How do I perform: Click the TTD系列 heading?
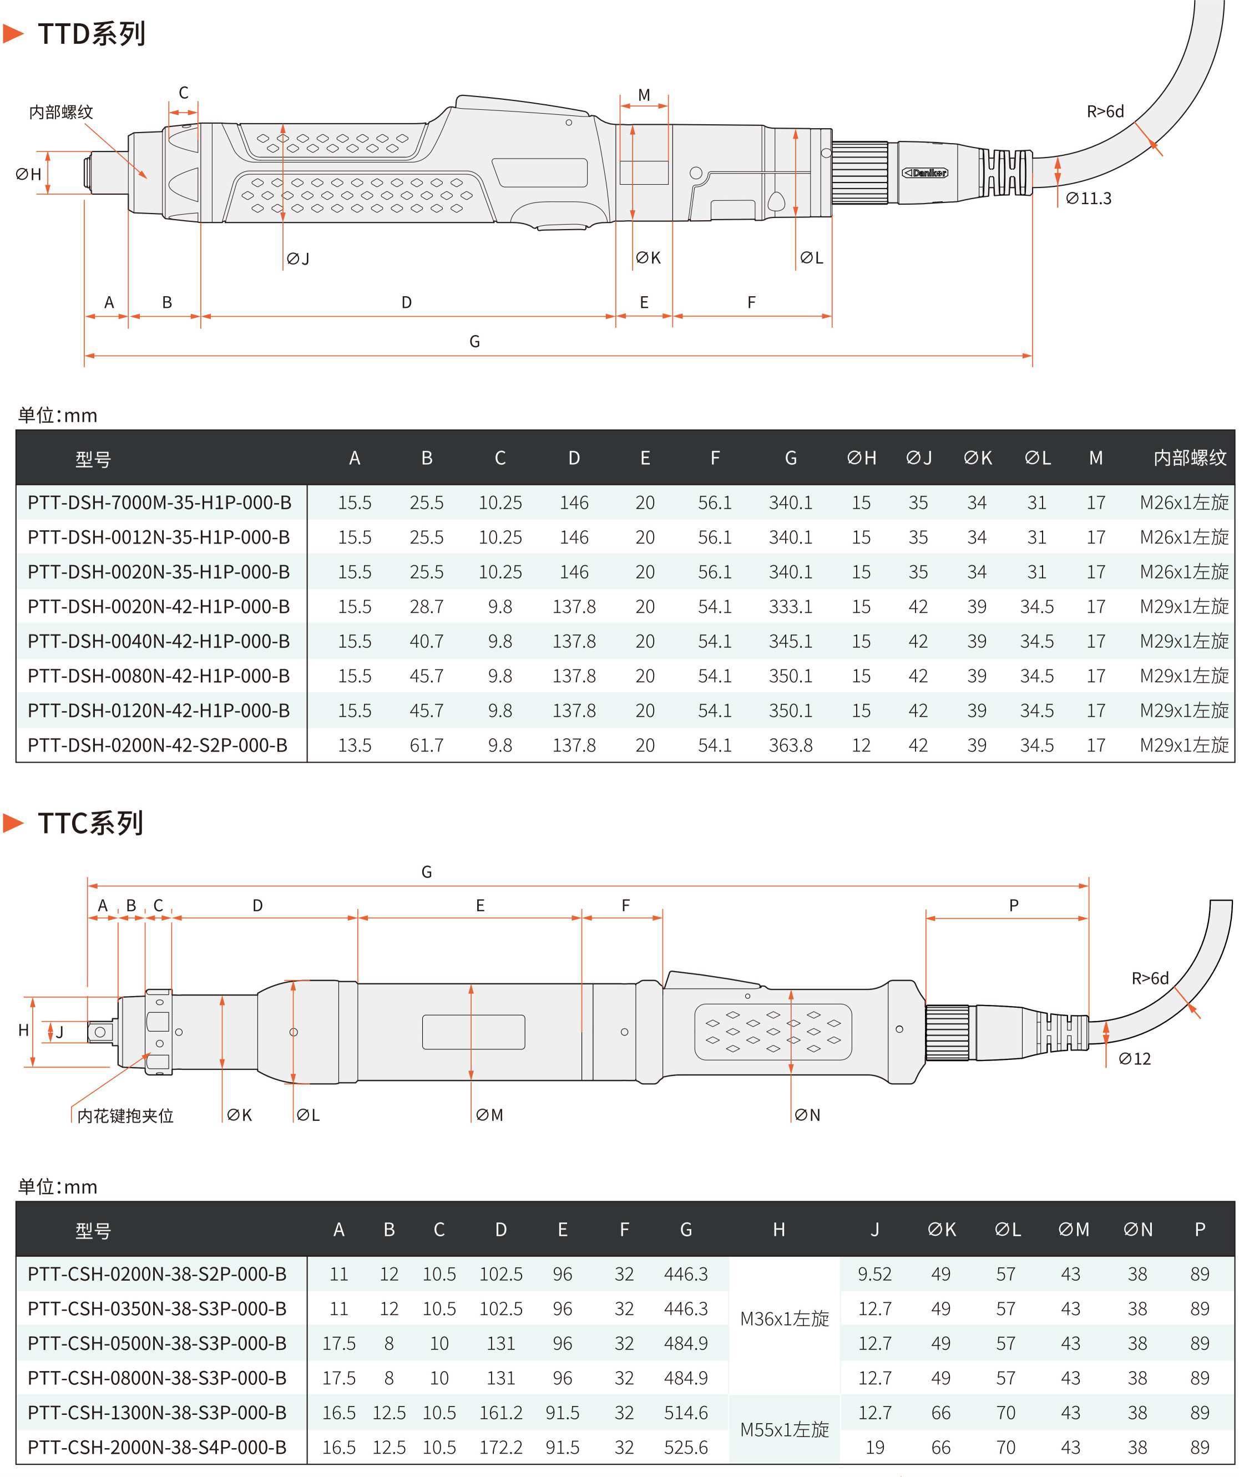(92, 34)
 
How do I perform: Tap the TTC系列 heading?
(91, 823)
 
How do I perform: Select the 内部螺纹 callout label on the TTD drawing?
(61, 112)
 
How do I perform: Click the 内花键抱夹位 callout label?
(125, 1115)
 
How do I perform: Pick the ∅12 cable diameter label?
(1134, 1058)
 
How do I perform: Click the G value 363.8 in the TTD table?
(790, 745)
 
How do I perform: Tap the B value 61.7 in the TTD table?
(426, 745)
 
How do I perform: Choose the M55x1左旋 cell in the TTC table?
(785, 1429)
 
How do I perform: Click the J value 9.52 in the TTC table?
(874, 1274)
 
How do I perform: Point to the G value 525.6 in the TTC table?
(685, 1446)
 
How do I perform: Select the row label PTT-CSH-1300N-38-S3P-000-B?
(157, 1412)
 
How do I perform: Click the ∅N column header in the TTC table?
(1137, 1229)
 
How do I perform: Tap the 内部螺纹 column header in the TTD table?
(1189, 458)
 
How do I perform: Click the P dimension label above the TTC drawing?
(1013, 905)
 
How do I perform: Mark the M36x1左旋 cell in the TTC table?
(785, 1318)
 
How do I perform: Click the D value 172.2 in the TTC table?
(500, 1446)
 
